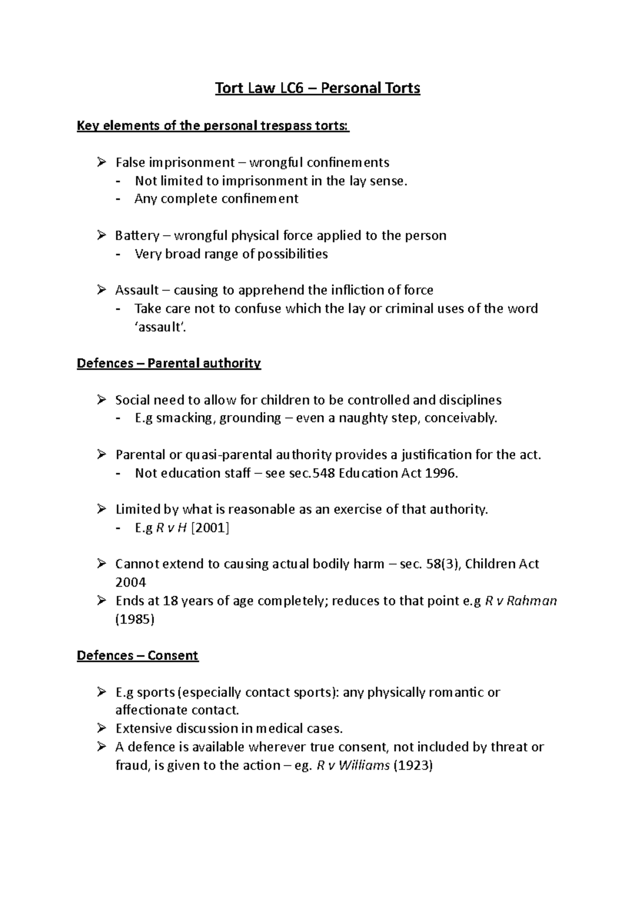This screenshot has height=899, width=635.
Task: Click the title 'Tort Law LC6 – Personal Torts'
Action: [317, 88]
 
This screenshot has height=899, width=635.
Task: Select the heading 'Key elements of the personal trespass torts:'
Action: [213, 126]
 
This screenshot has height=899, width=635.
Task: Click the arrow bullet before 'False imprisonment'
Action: [102, 162]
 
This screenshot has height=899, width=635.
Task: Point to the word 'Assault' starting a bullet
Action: [137, 290]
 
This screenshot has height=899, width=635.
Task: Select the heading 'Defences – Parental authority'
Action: [169, 363]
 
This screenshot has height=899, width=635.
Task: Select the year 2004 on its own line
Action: [130, 582]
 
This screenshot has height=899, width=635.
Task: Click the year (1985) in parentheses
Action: [134, 619]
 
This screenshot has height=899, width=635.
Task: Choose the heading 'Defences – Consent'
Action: [138, 655]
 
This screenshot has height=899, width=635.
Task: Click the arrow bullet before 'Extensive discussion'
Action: [102, 729]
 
